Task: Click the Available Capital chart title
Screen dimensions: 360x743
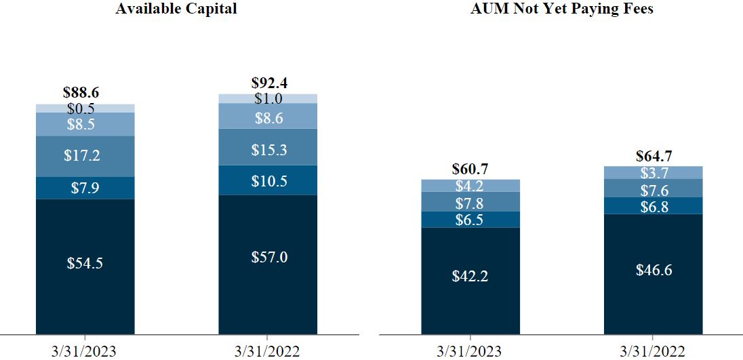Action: pos(176,9)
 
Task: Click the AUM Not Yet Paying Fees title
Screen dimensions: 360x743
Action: pos(562,9)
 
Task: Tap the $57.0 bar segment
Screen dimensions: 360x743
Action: pos(268,258)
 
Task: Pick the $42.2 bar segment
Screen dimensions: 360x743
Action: pos(470,277)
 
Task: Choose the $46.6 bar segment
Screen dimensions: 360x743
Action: pos(654,270)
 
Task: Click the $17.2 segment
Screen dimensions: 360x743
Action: pos(85,156)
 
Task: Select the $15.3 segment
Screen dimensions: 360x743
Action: pos(268,149)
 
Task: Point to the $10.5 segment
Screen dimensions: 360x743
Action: pos(268,180)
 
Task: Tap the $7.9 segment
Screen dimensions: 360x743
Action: pos(85,188)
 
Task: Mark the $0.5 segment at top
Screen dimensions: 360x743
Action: pos(85,108)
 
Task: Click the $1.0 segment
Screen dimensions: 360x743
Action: pos(268,98)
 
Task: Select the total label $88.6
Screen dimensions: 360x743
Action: pos(85,94)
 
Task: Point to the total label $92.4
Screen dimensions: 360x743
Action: pos(268,84)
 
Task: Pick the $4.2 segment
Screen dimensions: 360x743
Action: pos(470,185)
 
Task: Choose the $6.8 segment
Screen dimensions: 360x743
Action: pos(654,206)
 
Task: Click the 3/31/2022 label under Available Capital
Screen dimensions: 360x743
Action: pos(268,351)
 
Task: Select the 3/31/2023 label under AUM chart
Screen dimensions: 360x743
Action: pos(470,351)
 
